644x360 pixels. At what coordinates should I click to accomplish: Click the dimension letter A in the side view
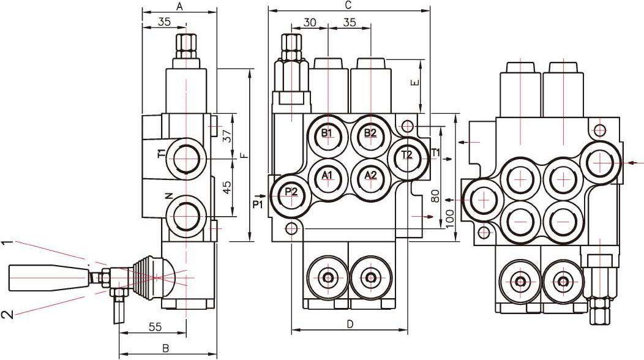[179, 6]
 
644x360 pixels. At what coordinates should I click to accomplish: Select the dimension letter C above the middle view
[348, 6]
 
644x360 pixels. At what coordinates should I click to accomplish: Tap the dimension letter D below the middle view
[350, 324]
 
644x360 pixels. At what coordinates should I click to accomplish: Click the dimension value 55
[155, 327]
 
